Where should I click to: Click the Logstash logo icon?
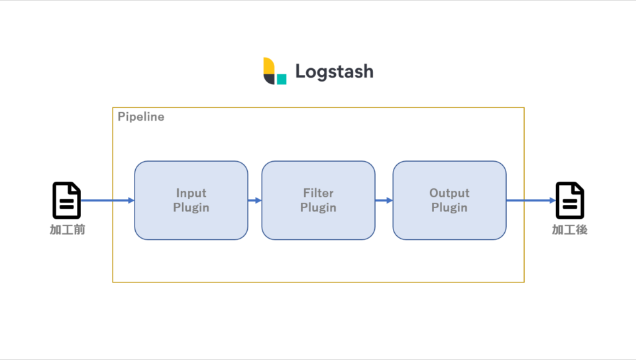point(274,71)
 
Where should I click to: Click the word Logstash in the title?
point(334,72)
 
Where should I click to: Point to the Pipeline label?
point(140,117)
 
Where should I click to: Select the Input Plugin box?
point(191,200)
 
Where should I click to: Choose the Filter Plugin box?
point(319,200)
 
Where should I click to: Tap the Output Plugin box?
point(449,200)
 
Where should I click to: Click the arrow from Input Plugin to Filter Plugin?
point(254,200)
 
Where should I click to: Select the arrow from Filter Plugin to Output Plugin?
point(384,200)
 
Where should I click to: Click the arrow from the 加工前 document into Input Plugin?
point(107,200)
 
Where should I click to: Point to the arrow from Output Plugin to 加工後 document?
point(531,200)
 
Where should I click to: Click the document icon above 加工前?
point(66,200)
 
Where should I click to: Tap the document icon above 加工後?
point(570,200)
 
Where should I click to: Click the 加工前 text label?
point(68,229)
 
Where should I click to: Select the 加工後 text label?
point(570,229)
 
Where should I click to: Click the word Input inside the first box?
point(191,193)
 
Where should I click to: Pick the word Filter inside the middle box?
point(319,193)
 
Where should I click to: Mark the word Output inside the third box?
point(449,193)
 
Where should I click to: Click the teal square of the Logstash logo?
point(282,79)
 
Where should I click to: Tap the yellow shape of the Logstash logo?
point(269,66)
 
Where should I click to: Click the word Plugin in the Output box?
point(449,208)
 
